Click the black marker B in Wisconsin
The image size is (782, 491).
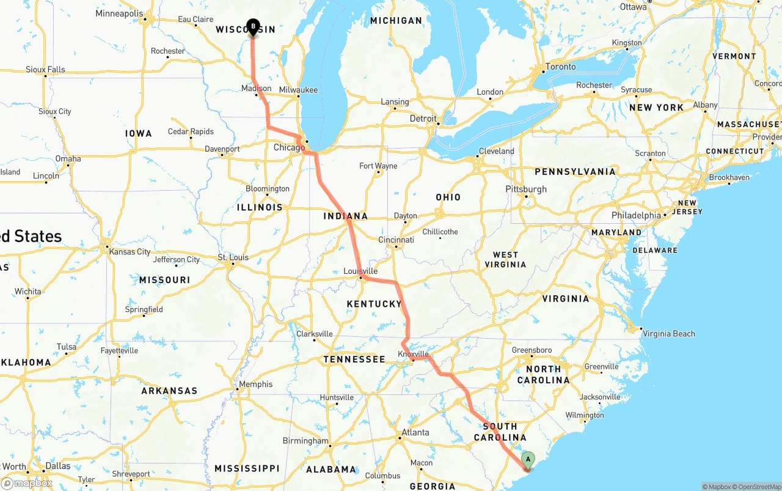coord(253,27)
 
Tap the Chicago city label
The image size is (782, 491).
coord(289,147)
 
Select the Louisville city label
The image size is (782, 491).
coord(360,271)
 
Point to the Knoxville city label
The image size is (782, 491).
coord(414,354)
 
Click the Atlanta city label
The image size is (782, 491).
coord(415,432)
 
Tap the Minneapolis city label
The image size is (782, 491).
coord(119,13)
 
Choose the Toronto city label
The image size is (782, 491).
coord(560,67)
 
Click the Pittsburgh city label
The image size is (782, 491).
coord(526,189)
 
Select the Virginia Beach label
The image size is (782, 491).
coord(669,333)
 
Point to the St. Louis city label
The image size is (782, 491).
coord(233,257)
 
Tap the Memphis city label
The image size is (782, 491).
coord(256,384)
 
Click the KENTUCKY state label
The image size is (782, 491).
coord(374,304)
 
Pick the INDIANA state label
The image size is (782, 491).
coord(346,216)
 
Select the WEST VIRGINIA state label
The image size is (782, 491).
coord(505,259)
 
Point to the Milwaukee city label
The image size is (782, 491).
coord(298,90)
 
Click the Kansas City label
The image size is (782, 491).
coord(130,251)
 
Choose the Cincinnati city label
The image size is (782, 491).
coord(396,240)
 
